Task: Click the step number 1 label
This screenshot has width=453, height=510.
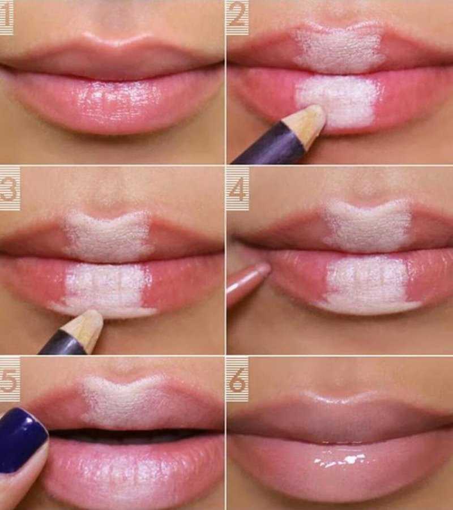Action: pyautogui.click(x=6, y=17)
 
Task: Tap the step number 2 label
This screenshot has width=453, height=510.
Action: pyautogui.click(x=237, y=17)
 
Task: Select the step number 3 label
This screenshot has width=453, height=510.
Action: pyautogui.click(x=10, y=189)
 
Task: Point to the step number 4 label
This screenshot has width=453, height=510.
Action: pyautogui.click(x=238, y=189)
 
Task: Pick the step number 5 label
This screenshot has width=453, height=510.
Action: pyautogui.click(x=10, y=379)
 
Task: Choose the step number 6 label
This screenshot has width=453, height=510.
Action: pyautogui.click(x=238, y=379)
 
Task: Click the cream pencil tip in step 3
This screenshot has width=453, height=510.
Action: pyautogui.click(x=86, y=330)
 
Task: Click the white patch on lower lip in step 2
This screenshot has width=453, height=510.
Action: pyautogui.click(x=337, y=101)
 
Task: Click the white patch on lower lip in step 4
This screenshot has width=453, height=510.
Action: pyautogui.click(x=367, y=285)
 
